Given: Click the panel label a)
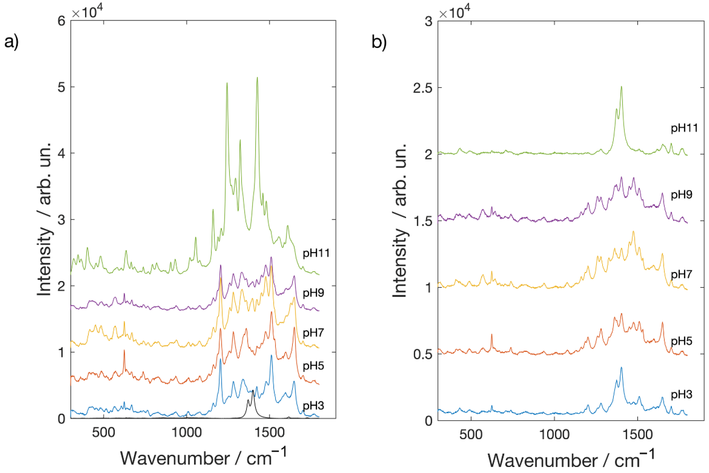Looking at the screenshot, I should (x=11, y=42).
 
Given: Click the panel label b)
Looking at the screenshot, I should (x=379, y=42).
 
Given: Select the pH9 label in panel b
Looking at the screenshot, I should (x=681, y=195).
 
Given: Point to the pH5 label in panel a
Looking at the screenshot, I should (x=313, y=366).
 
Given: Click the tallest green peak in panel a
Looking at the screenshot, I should (x=257, y=78).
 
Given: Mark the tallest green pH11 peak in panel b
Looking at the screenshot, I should (x=621, y=87).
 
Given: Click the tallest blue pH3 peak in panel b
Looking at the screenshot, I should (x=621, y=367).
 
